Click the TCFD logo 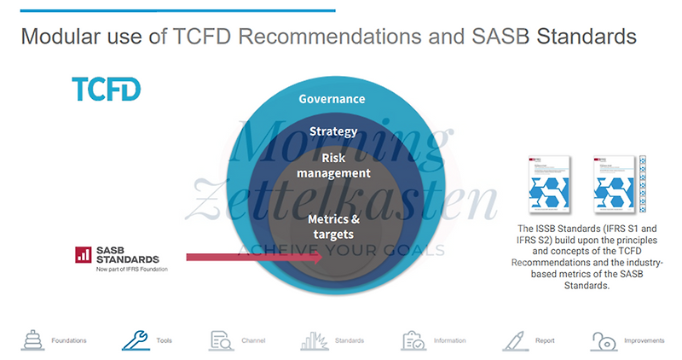coord(106,89)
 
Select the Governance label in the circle coord(332,99)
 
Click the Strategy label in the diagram coord(332,131)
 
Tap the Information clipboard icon coord(414,340)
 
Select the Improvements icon coord(604,340)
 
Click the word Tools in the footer coord(165,340)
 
